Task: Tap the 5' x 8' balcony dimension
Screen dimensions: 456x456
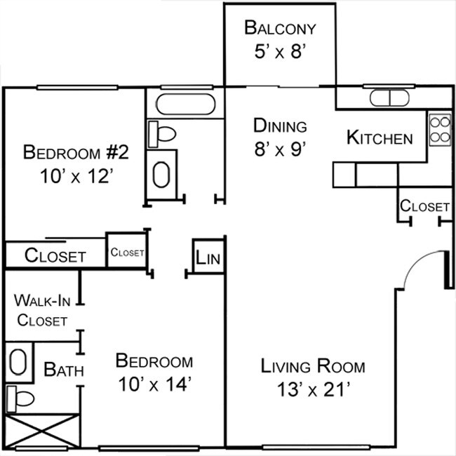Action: click(x=280, y=53)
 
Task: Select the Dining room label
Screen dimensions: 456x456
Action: click(x=280, y=126)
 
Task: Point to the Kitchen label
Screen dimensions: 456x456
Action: click(x=380, y=138)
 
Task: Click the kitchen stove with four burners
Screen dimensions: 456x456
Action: click(x=439, y=129)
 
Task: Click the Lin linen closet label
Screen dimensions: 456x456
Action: click(x=208, y=258)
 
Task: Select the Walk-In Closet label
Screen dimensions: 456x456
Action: click(x=42, y=310)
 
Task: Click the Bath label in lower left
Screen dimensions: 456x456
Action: click(x=65, y=369)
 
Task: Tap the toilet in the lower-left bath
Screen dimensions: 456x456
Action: click(x=20, y=399)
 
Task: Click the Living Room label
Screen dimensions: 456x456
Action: click(x=313, y=366)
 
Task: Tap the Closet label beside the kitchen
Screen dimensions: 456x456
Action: click(x=424, y=206)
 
